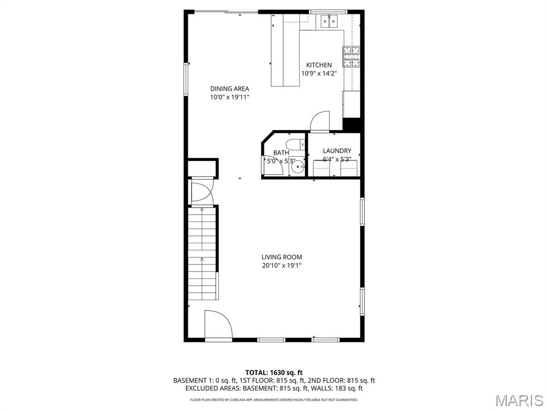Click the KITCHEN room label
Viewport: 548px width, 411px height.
tap(318, 65)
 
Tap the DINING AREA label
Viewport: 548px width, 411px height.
tap(230, 89)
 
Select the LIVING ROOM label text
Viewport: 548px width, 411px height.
tap(281, 257)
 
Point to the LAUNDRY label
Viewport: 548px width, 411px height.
tap(337, 151)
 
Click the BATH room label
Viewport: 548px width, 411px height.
tap(281, 153)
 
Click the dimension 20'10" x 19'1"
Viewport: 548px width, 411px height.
tap(281, 265)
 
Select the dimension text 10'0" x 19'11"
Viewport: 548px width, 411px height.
tap(230, 97)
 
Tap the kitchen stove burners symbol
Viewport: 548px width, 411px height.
tap(351, 56)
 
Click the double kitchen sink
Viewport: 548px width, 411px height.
tap(329, 21)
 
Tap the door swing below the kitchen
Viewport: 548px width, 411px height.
tap(319, 121)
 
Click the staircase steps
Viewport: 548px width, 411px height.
tap(202, 254)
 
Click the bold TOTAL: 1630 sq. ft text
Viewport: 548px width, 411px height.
tap(274, 372)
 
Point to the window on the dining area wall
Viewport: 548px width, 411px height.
tap(187, 79)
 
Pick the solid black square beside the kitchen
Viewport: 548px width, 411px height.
tap(353, 124)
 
